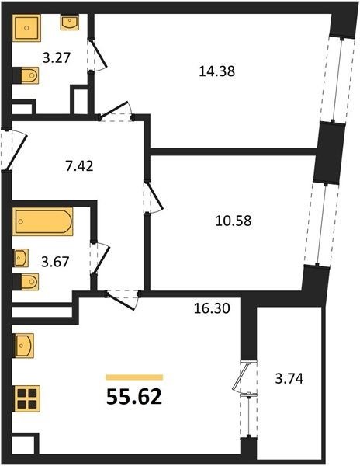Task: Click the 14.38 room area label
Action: tap(216, 71)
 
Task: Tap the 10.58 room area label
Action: tap(234, 221)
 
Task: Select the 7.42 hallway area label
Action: tap(79, 166)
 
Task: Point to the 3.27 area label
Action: tap(57, 57)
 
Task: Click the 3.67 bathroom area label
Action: tap(55, 263)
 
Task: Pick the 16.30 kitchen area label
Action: tap(212, 308)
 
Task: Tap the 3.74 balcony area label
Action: tap(289, 379)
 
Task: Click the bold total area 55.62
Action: tap(134, 397)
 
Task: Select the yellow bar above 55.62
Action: tap(134, 377)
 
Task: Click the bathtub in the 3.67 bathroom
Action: tap(43, 221)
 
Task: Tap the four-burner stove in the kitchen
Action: tap(26, 398)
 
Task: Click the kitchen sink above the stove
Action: tap(23, 346)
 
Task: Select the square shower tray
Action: tap(26, 28)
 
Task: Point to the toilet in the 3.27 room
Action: tap(26, 75)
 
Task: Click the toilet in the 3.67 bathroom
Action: tap(26, 282)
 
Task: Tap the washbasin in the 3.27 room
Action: tap(70, 22)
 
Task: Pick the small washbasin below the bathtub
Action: tap(20, 258)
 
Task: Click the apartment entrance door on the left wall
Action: tap(14, 149)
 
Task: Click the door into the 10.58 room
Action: tap(154, 196)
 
